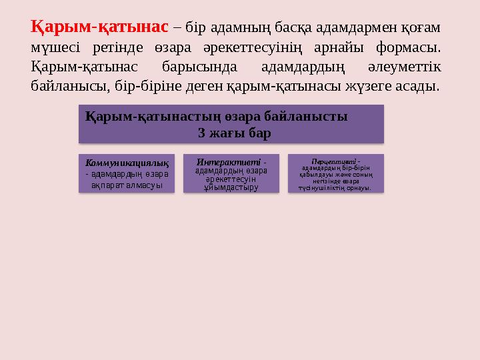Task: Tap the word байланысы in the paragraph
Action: click(x=62, y=87)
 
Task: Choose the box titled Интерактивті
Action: click(x=231, y=174)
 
